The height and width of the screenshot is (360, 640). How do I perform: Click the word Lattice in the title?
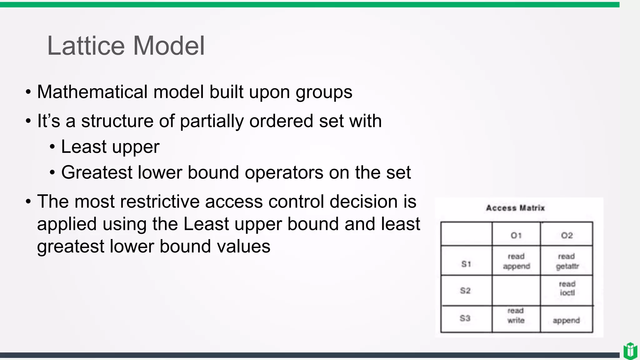86,46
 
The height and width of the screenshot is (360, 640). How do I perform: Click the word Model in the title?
169,46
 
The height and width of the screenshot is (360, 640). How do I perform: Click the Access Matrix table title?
515,208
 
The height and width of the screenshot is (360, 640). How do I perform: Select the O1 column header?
516,235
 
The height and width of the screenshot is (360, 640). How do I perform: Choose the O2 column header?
567,235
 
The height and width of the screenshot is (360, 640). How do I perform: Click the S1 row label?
466,264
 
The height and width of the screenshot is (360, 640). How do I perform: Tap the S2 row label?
465,291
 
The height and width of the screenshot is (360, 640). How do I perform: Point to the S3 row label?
465,318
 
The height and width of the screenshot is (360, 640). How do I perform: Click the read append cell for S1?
516,261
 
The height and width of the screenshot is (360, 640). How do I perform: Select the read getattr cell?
567,261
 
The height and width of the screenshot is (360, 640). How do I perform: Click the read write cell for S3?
516,316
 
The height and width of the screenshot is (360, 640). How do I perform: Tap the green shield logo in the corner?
630,351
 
